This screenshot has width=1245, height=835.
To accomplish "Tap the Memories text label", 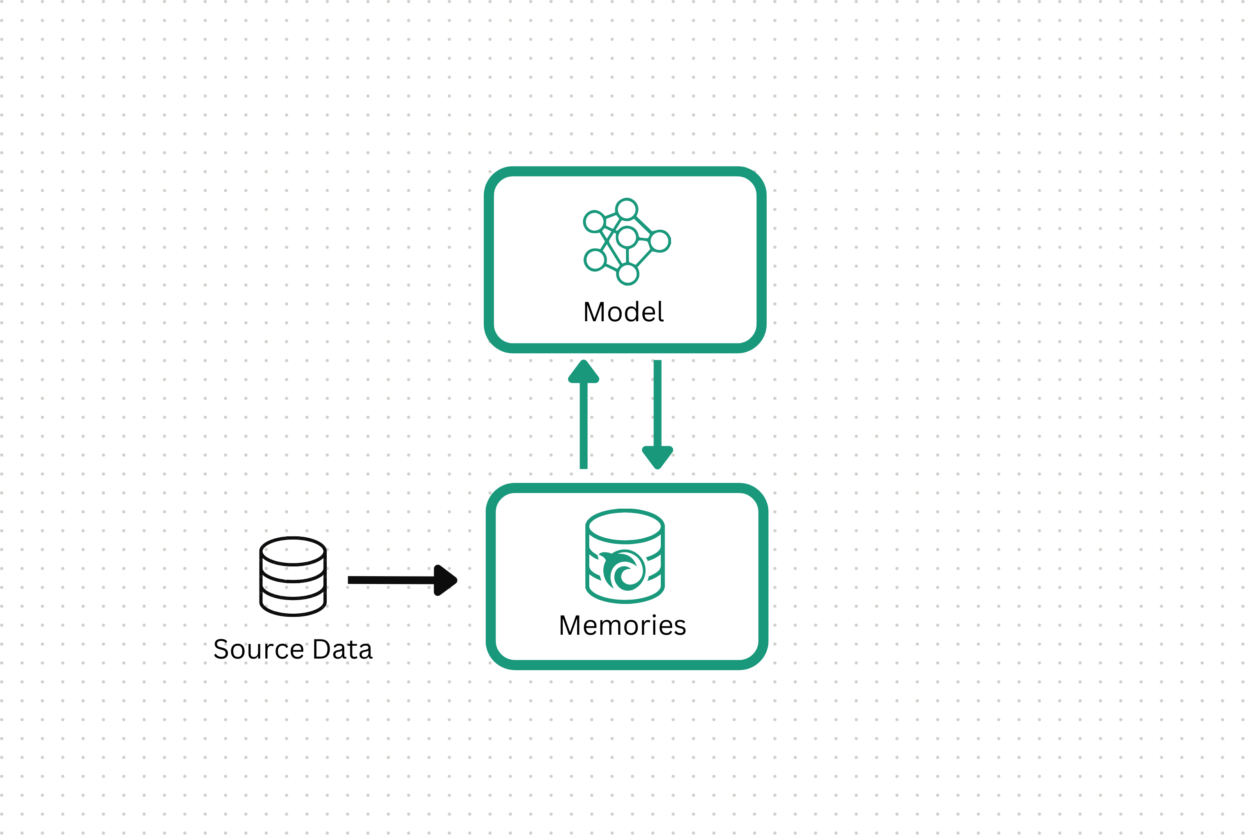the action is coord(622,625).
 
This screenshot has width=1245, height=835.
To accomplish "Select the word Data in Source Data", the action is coord(342,649).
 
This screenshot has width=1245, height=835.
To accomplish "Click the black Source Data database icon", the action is coord(293,576).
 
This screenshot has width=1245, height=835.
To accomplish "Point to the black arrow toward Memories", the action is coord(402,580).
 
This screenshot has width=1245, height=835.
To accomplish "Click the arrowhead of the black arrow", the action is coord(445,580).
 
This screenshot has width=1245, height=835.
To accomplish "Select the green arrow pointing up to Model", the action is coord(583,414).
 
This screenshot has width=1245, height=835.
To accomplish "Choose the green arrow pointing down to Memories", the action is coord(658,414).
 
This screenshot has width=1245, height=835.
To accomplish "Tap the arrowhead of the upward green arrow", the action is coord(583,371).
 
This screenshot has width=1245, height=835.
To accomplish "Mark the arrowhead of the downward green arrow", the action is coord(658,458).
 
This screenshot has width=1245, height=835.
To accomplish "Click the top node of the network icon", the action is coord(627,209).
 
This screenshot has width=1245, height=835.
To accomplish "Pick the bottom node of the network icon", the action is coord(628,274).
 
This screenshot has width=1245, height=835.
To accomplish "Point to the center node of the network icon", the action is coord(627,237).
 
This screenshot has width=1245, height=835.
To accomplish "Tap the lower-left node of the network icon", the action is coord(595,260).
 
